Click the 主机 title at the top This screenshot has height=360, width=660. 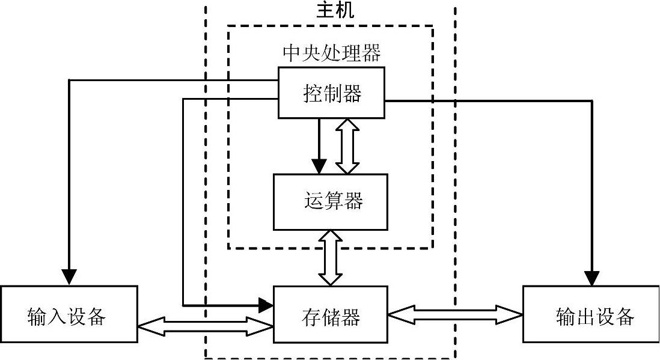pos(335,10)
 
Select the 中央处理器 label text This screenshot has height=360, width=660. pos(331,53)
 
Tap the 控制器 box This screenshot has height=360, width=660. pos(331,93)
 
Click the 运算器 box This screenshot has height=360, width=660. pos(331,202)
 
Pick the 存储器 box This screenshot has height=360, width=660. pos(331,314)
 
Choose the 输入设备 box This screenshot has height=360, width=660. pos(69,314)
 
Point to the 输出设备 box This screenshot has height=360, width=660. pos(591,314)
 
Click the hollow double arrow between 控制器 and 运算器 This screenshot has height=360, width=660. pos(347,145)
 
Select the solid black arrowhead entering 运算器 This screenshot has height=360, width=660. pos(319,166)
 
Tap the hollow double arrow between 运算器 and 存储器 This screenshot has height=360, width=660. pos(330,258)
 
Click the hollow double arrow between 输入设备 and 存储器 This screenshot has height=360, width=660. pos(206,326)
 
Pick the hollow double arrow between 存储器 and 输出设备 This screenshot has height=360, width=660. pos(455,313)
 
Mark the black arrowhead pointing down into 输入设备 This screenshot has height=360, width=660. pos(70,276)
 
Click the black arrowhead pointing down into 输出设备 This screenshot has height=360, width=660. pos(592,278)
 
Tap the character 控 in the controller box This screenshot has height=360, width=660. pos(313,94)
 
